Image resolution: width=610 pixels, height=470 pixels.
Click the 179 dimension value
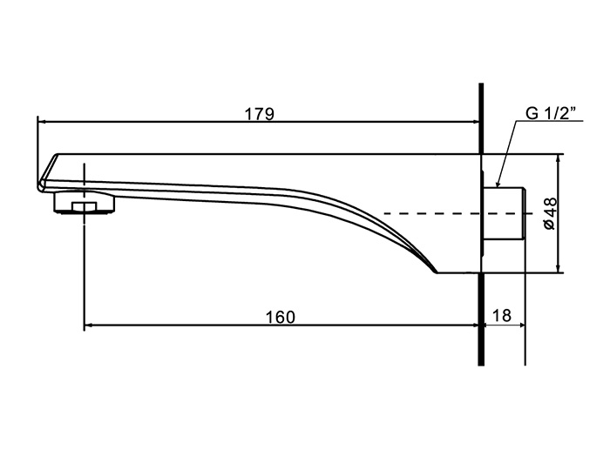[259, 114]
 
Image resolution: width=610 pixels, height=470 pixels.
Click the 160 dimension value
[280, 318]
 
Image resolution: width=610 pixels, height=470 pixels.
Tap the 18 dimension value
[501, 316]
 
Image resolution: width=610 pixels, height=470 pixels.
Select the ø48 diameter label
[550, 213]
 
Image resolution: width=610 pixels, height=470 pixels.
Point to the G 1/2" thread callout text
[551, 113]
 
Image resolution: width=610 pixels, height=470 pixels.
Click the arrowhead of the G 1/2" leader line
[498, 184]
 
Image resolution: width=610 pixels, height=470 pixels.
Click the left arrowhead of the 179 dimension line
[42, 122]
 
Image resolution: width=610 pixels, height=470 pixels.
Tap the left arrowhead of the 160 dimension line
[89, 326]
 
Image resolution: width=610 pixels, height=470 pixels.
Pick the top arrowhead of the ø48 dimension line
[559, 158]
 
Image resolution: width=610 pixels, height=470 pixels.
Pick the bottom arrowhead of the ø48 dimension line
[559, 268]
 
